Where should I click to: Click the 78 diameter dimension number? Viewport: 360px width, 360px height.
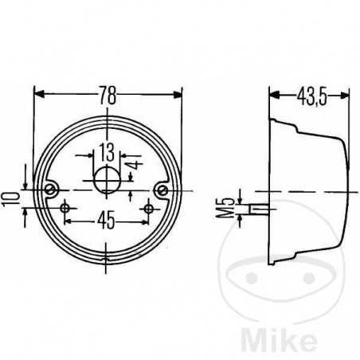click(x=108, y=96)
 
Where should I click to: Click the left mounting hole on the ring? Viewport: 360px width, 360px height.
click(x=52, y=190)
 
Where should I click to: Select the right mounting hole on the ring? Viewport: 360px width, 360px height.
click(x=163, y=190)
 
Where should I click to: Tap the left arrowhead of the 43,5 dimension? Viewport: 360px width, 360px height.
click(x=273, y=96)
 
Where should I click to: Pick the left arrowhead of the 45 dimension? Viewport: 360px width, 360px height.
click(x=69, y=217)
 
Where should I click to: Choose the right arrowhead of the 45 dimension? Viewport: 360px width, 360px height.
click(x=145, y=217)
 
